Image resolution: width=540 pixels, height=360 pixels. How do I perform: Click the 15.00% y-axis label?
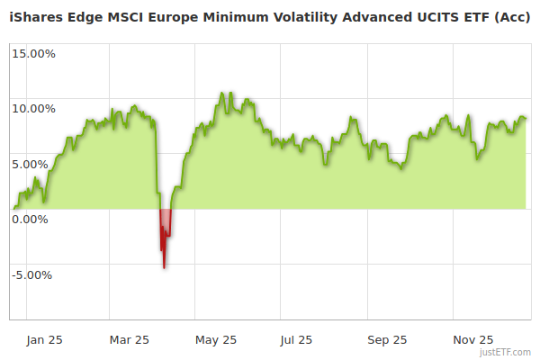click(x=32, y=53)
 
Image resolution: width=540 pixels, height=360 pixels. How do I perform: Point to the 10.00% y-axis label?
click(x=32, y=109)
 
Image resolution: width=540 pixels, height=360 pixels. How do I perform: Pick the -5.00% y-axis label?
click(x=33, y=275)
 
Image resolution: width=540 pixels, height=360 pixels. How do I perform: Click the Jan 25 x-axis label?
click(x=44, y=340)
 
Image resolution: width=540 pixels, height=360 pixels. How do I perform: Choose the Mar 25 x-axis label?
click(x=130, y=340)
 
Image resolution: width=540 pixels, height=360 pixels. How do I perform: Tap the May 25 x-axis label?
click(x=216, y=340)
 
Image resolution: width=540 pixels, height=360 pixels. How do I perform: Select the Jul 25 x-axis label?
click(x=296, y=340)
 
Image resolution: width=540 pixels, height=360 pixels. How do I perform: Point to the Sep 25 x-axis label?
click(x=388, y=340)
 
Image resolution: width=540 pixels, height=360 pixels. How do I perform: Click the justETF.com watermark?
click(x=507, y=353)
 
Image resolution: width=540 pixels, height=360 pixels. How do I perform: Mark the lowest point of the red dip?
click(x=164, y=267)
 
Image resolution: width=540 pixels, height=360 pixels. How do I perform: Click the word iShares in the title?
click(x=35, y=16)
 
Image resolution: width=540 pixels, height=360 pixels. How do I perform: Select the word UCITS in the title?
click(x=423, y=16)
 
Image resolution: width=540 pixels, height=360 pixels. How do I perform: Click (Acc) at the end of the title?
click(x=512, y=16)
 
